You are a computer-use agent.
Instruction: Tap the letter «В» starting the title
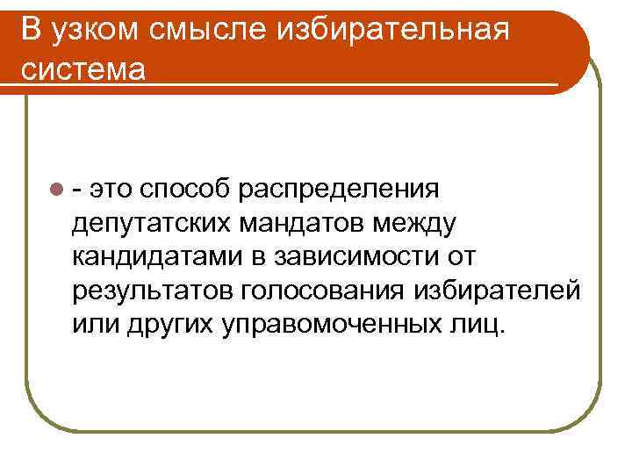pyautogui.click(x=29, y=30)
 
